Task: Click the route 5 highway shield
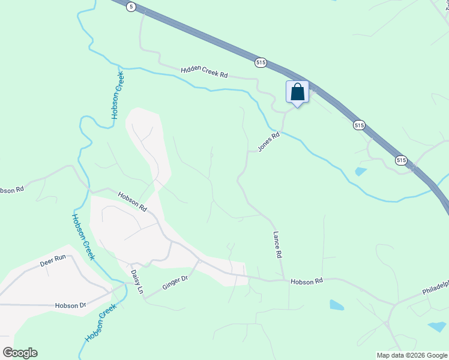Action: pyautogui.click(x=131, y=6)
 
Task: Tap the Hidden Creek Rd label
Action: pyautogui.click(x=205, y=72)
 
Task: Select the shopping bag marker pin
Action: pyautogui.click(x=297, y=92)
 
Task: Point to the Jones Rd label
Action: pyautogui.click(x=269, y=142)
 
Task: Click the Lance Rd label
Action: pyautogui.click(x=277, y=245)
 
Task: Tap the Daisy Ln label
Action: pyautogui.click(x=137, y=281)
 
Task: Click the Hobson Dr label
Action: pyautogui.click(x=70, y=305)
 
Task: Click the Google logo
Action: pyautogui.click(x=20, y=353)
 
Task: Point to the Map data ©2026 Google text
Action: pyautogui.click(x=411, y=355)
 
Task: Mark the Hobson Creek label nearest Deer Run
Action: pyautogui.click(x=83, y=237)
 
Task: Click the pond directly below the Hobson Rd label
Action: pyautogui.click(x=337, y=305)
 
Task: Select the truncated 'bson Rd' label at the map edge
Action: pyautogui.click(x=11, y=190)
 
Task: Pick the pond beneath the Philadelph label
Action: pyautogui.click(x=437, y=327)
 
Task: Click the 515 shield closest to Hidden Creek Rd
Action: pyautogui.click(x=261, y=62)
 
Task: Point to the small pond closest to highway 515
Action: pyautogui.click(x=360, y=172)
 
